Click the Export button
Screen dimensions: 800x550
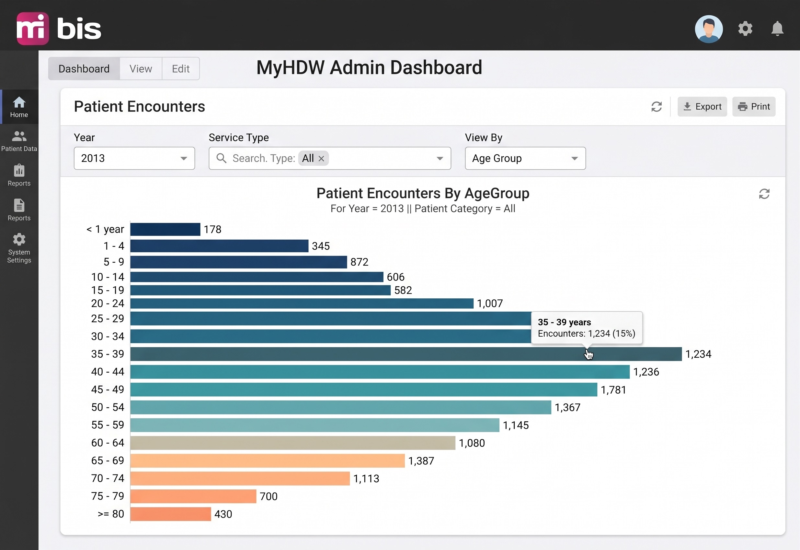point(702,106)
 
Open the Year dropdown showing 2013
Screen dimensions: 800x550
point(134,158)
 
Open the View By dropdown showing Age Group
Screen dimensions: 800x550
point(525,158)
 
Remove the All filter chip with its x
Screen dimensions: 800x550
point(321,159)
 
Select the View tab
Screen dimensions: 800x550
point(141,68)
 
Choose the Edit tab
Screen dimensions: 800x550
point(181,68)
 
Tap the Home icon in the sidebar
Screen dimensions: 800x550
point(19,103)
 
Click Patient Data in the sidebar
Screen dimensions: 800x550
point(19,141)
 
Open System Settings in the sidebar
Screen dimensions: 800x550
point(19,248)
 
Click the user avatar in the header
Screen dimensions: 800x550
point(708,29)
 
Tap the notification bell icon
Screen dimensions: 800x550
point(777,29)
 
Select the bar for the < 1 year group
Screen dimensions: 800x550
point(165,229)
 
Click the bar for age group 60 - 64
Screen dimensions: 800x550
point(293,443)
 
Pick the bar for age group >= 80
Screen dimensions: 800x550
point(171,514)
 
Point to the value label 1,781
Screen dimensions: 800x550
point(613,390)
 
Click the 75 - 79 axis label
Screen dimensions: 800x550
point(108,496)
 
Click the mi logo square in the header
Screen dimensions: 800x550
point(33,29)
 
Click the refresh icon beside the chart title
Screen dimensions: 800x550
point(764,194)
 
